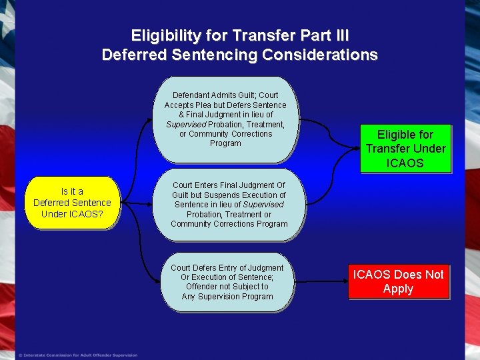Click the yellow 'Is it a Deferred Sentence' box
pos(72,203)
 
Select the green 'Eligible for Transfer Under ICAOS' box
pos(405,149)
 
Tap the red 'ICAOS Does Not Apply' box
pos(398,281)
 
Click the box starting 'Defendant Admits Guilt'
pos(225,120)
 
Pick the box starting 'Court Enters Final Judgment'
pos(229,205)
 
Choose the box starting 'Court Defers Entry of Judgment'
pos(227,282)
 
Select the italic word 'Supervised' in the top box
pos(186,125)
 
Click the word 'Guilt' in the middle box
pos(184,195)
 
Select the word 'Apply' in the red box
pos(398,289)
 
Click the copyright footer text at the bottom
pos(78,355)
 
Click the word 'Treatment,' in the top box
pos(265,125)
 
